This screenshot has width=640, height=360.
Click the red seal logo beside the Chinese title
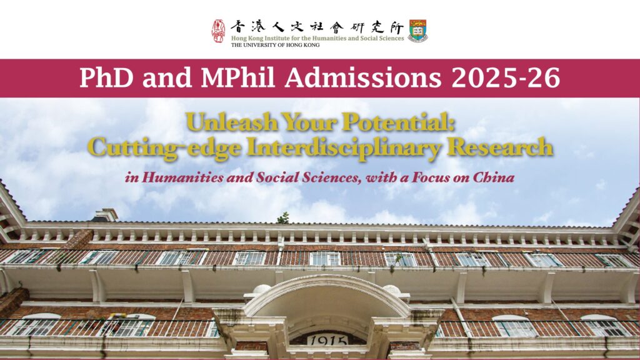[218, 31]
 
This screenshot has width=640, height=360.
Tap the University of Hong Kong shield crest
[417, 31]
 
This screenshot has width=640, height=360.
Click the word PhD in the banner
[106, 77]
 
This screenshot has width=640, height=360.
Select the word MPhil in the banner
[237, 77]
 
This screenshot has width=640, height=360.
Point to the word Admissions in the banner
[363, 77]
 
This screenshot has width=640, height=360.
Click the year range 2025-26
[506, 77]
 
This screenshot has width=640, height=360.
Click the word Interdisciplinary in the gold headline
[344, 147]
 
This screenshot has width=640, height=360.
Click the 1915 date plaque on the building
[327, 340]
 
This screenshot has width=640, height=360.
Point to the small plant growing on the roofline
[284, 218]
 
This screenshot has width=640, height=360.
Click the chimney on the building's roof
[105, 215]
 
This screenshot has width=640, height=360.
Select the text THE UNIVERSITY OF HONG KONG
[275, 45]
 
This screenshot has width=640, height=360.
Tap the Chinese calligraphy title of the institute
[317, 27]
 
